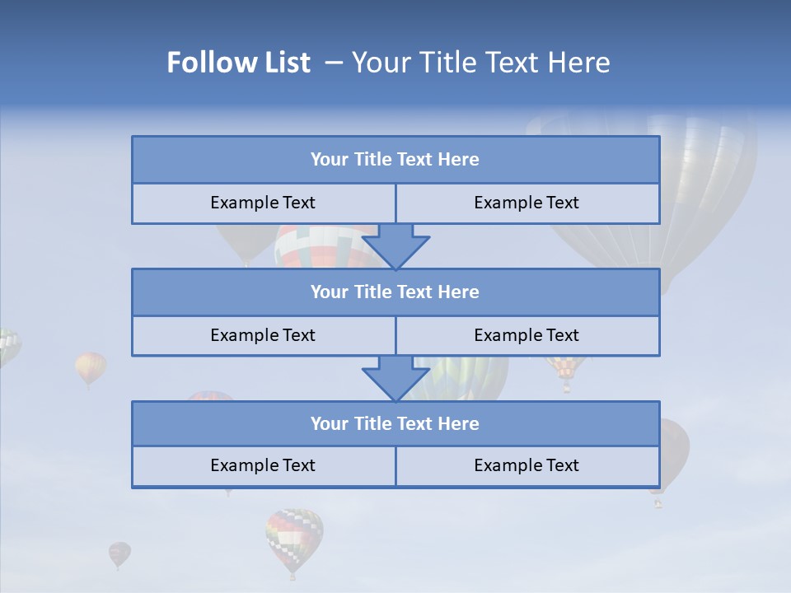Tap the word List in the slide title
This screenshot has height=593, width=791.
pyautogui.click(x=283, y=63)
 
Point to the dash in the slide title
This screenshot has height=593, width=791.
pyautogui.click(x=335, y=63)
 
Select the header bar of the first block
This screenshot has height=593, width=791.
pyautogui.click(x=395, y=160)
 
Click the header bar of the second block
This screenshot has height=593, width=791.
pyautogui.click(x=395, y=292)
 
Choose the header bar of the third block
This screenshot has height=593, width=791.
pyautogui.click(x=395, y=423)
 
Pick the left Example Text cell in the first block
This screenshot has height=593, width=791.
pyautogui.click(x=263, y=203)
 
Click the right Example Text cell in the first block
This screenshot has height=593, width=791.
pyautogui.click(x=527, y=203)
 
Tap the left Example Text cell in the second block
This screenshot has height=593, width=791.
pyautogui.click(x=263, y=335)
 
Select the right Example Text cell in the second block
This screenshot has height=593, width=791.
pyautogui.click(x=527, y=335)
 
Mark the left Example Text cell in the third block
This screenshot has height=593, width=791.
pyautogui.click(x=263, y=465)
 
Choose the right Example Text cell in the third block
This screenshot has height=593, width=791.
pyautogui.click(x=527, y=465)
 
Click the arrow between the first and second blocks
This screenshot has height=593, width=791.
pyautogui.click(x=395, y=245)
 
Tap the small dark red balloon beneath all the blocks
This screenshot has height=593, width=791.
pyautogui.click(x=119, y=553)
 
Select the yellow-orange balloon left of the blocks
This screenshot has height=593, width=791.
pyautogui.click(x=91, y=367)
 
